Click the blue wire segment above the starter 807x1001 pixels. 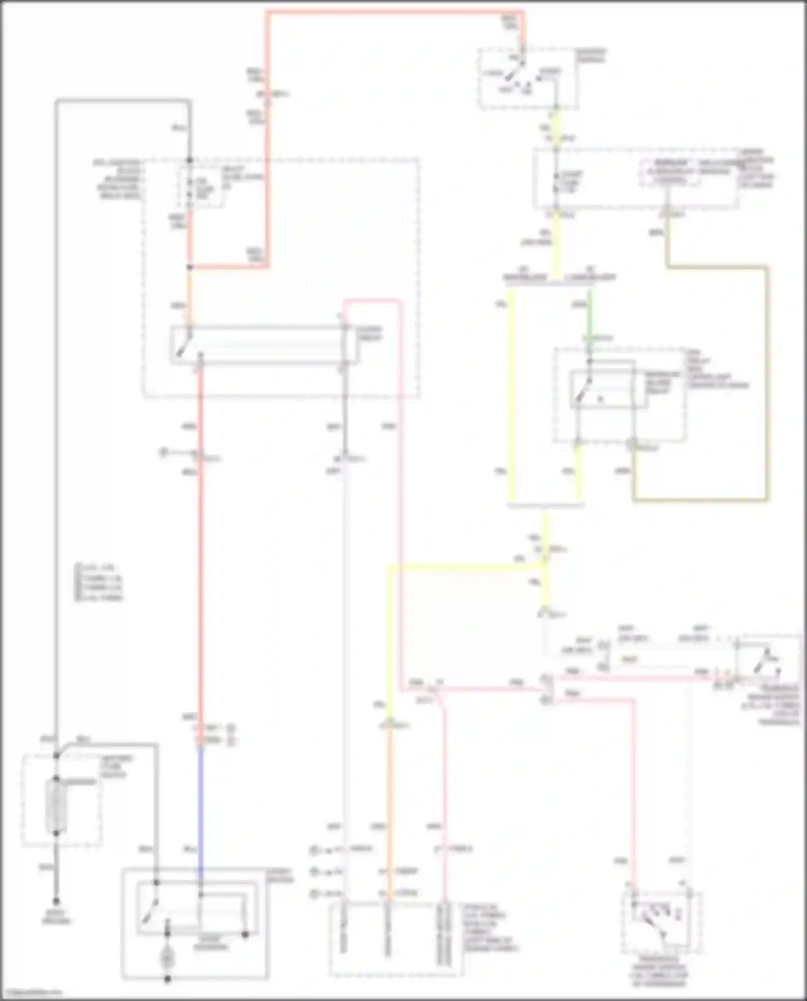pyautogui.click(x=201, y=807)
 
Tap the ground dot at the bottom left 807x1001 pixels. pyautogui.click(x=56, y=901)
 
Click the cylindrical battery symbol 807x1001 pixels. pyautogui.click(x=56, y=805)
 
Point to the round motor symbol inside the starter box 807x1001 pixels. pyautogui.click(x=167, y=958)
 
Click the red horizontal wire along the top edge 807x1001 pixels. pyautogui.click(x=395, y=12)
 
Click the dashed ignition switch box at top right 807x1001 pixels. pyautogui.click(x=528, y=79)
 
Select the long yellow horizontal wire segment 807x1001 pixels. pyautogui.click(x=463, y=565)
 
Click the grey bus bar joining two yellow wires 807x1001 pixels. pyautogui.click(x=546, y=506)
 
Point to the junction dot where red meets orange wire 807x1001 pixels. pyautogui.click(x=189, y=267)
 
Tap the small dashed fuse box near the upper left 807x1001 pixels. pyautogui.click(x=200, y=186)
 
